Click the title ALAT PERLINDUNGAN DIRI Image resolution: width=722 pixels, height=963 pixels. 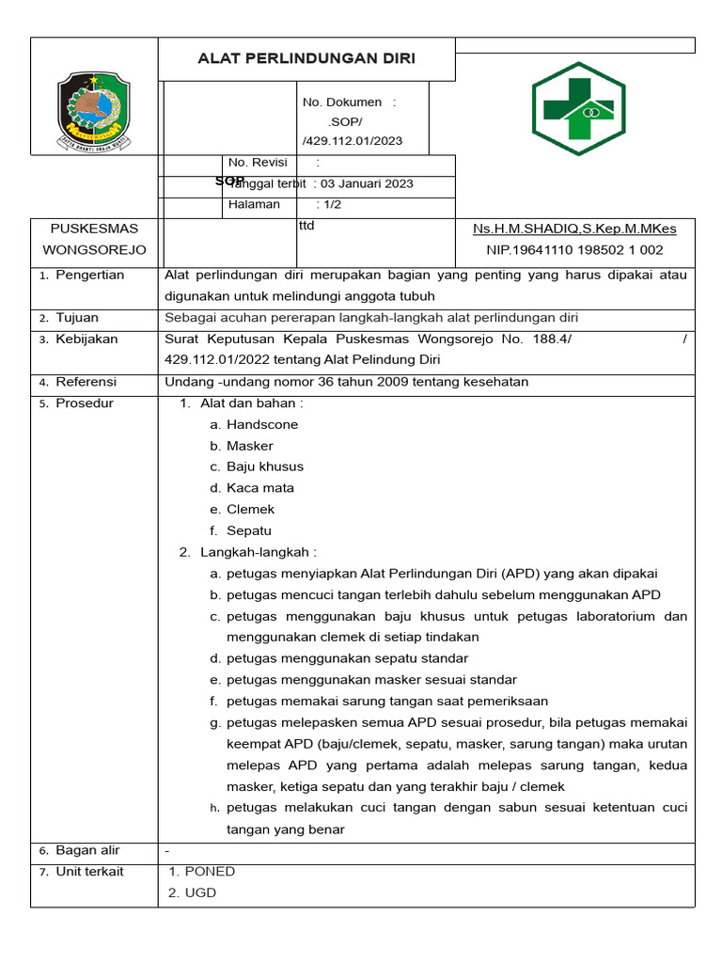click(x=306, y=59)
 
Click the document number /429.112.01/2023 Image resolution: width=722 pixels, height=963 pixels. click(x=353, y=141)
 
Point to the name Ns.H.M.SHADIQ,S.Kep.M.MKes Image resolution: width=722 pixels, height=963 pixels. click(x=574, y=229)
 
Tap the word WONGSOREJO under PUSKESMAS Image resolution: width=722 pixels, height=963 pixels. click(x=94, y=250)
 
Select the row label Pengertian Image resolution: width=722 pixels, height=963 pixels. click(x=90, y=275)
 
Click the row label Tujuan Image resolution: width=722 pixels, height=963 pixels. click(x=77, y=318)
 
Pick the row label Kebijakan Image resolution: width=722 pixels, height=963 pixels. click(x=86, y=339)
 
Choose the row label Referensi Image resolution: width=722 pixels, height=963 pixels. click(x=86, y=382)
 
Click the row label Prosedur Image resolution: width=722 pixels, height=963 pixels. click(x=85, y=403)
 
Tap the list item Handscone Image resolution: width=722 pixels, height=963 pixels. click(x=262, y=425)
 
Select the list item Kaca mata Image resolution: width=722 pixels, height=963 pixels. click(x=260, y=488)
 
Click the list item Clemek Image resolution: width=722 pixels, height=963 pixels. click(x=251, y=510)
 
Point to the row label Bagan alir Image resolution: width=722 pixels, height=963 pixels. click(x=87, y=850)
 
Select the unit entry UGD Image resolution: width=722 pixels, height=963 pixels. click(x=200, y=892)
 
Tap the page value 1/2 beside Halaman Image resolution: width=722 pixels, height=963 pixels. click(x=332, y=204)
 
